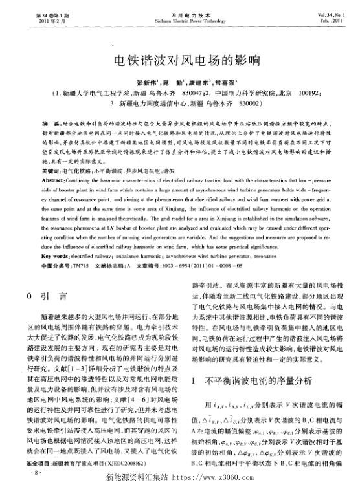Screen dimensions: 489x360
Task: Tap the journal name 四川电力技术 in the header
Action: tap(180, 14)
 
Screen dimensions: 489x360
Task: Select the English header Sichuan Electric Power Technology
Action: tap(180, 20)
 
